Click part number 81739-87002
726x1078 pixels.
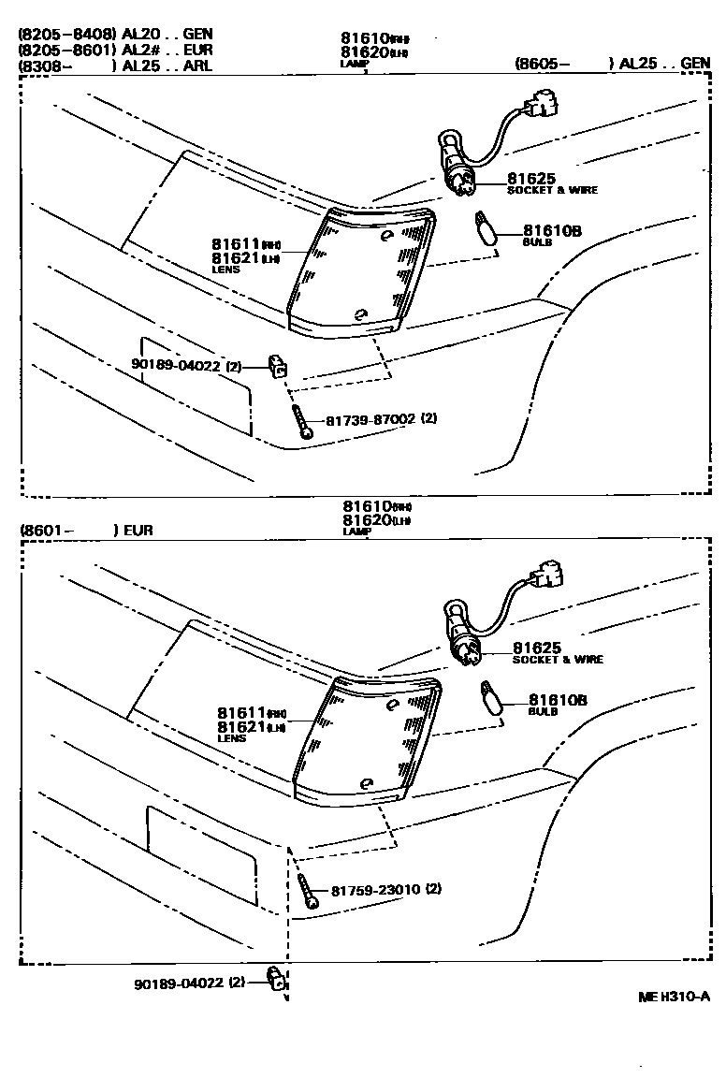coord(370,419)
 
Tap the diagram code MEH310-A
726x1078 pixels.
coord(675,998)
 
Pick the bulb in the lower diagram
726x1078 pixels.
coord(489,699)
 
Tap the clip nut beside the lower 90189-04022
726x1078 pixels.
coord(275,981)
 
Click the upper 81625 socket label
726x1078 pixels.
coord(531,178)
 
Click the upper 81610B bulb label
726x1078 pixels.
coord(552,230)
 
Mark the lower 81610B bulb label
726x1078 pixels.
coord(558,699)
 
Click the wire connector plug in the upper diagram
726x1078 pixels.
coord(541,106)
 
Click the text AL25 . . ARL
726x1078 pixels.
coord(167,66)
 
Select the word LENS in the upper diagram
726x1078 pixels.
coord(225,269)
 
